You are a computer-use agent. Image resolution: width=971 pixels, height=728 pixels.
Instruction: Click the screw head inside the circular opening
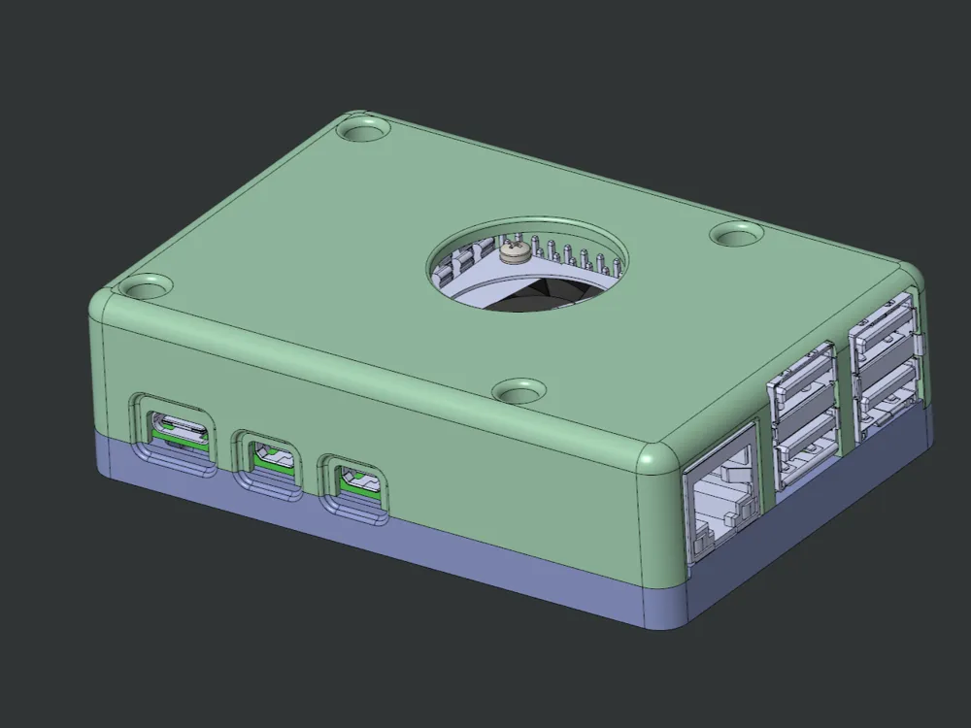515,252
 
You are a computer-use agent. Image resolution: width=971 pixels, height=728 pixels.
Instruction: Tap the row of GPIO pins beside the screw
573,254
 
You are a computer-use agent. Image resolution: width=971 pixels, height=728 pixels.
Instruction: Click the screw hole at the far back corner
361,128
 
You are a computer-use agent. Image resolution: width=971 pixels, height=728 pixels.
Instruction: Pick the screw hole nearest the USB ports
736,234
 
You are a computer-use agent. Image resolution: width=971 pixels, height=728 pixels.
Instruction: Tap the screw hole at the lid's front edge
519,390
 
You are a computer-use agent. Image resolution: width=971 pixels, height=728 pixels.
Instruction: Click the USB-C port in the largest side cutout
177,428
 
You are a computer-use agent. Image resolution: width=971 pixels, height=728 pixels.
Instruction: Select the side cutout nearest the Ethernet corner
356,480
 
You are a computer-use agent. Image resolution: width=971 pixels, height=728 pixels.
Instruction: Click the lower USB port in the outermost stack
886,393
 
